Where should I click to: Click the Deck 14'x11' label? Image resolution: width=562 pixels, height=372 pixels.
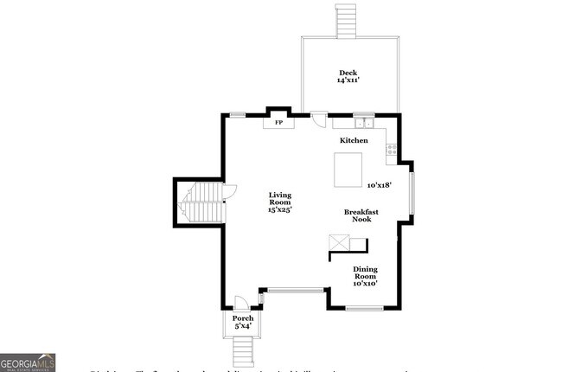pyautogui.click(x=348, y=76)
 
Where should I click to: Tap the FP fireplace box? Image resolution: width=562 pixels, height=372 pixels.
pyautogui.click(x=278, y=123)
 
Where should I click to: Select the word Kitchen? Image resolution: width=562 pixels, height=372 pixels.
pyautogui.click(x=353, y=140)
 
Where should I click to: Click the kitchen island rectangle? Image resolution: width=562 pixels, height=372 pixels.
pyautogui.click(x=349, y=169)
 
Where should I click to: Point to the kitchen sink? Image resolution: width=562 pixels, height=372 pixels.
pyautogui.click(x=363, y=122)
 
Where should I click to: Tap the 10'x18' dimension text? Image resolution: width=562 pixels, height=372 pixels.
pyautogui.click(x=380, y=185)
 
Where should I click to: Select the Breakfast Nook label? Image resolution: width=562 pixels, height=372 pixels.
pyautogui.click(x=361, y=215)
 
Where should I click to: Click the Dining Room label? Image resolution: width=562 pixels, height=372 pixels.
pyautogui.click(x=365, y=273)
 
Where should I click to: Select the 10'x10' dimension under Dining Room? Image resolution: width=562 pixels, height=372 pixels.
pyautogui.click(x=365, y=284)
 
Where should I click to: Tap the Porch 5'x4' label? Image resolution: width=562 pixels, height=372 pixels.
pyautogui.click(x=243, y=323)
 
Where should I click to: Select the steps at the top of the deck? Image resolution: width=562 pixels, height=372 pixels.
pyautogui.click(x=346, y=20)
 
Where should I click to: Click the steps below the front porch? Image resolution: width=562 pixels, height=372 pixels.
pyautogui.click(x=243, y=350)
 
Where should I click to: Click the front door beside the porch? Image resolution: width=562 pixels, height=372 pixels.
pyautogui.click(x=243, y=301)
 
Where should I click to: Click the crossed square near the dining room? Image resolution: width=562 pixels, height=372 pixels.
pyautogui.click(x=337, y=243)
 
